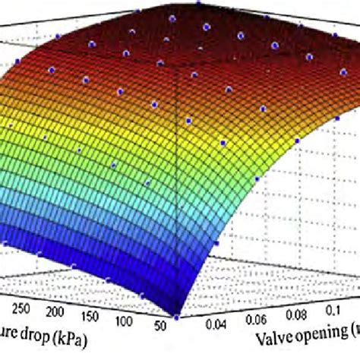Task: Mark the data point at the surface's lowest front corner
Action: click(x=176, y=317)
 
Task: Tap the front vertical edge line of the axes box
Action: click(x=175, y=190)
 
